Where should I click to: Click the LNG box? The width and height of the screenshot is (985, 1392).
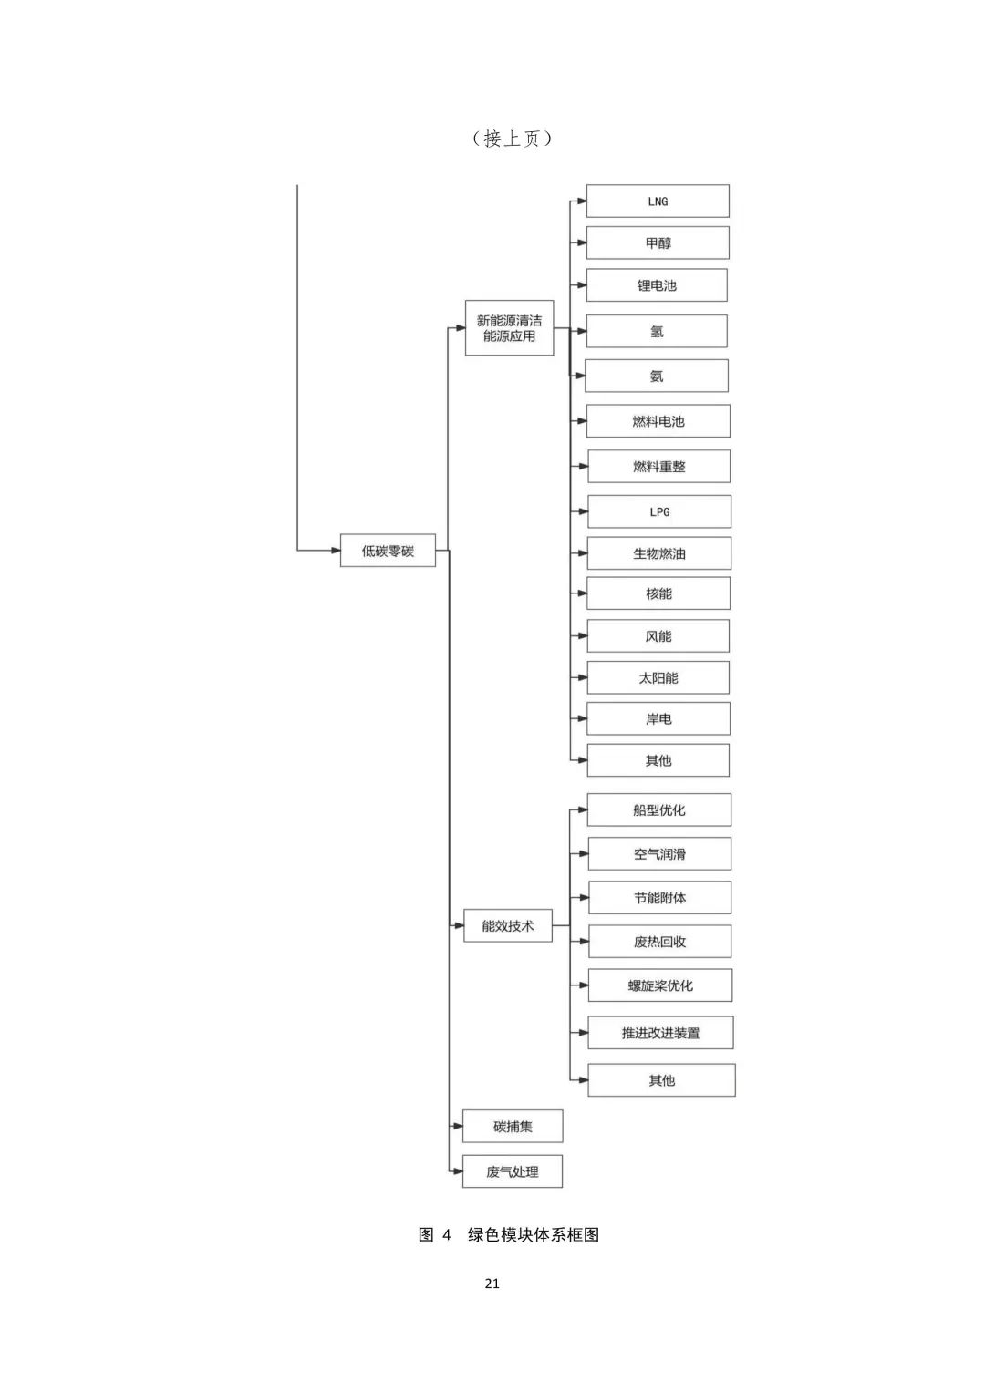[658, 201]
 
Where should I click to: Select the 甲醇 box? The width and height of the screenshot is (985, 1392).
[658, 242]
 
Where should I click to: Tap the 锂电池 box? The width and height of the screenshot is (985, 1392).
[657, 285]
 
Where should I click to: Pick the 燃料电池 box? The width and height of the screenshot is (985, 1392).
[658, 421]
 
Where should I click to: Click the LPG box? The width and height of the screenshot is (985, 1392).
[659, 511]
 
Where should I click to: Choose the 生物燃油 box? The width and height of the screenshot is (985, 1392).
[659, 553]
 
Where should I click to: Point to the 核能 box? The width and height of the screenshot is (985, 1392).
[658, 593]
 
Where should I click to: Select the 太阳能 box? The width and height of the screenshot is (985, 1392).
[658, 677]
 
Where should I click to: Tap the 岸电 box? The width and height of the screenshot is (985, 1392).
[658, 719]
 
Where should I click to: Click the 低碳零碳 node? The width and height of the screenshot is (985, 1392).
[388, 550]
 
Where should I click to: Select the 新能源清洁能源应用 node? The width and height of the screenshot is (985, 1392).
[509, 328]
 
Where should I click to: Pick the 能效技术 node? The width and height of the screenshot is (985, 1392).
[508, 925]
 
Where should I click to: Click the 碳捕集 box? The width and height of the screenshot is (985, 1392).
[513, 1126]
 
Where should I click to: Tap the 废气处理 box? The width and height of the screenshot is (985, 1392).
[513, 1171]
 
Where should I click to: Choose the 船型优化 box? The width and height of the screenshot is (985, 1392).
[659, 809]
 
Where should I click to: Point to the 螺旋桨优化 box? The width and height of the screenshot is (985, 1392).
[659, 985]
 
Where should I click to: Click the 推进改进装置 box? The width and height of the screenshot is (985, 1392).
[660, 1033]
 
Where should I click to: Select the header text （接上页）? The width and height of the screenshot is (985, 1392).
[512, 138]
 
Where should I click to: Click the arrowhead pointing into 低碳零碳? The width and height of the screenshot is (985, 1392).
[336, 550]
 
